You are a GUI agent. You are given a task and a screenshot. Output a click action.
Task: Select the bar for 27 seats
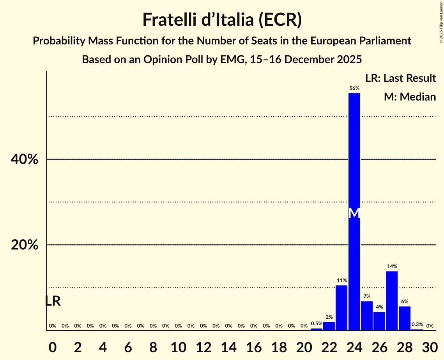[x=392, y=300]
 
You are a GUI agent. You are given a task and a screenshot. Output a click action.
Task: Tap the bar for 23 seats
[x=341, y=308]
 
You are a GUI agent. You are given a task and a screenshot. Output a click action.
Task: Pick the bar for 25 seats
[x=367, y=316]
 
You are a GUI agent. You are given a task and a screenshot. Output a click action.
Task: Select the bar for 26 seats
[x=379, y=321]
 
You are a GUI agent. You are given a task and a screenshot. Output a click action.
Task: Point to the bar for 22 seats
[x=329, y=326]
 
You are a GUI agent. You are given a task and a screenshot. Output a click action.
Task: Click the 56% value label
[x=354, y=88]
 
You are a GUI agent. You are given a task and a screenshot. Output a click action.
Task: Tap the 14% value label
[x=392, y=266]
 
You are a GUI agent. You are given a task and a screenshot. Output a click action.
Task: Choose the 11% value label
[x=341, y=281]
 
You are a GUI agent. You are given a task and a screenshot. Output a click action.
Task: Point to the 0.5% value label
[x=317, y=323]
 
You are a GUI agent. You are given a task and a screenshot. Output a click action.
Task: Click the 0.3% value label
[x=417, y=324]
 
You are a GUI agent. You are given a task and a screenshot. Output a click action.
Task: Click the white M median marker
[x=354, y=213]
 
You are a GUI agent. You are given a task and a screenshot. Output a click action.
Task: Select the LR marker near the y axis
[x=53, y=301]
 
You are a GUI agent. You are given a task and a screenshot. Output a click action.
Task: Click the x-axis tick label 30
[x=430, y=345]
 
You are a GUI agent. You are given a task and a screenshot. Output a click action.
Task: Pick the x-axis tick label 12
[x=203, y=345]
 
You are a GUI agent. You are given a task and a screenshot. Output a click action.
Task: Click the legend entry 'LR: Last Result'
[x=400, y=78]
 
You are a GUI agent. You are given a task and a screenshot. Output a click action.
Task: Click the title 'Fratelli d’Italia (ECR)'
[x=222, y=20]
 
